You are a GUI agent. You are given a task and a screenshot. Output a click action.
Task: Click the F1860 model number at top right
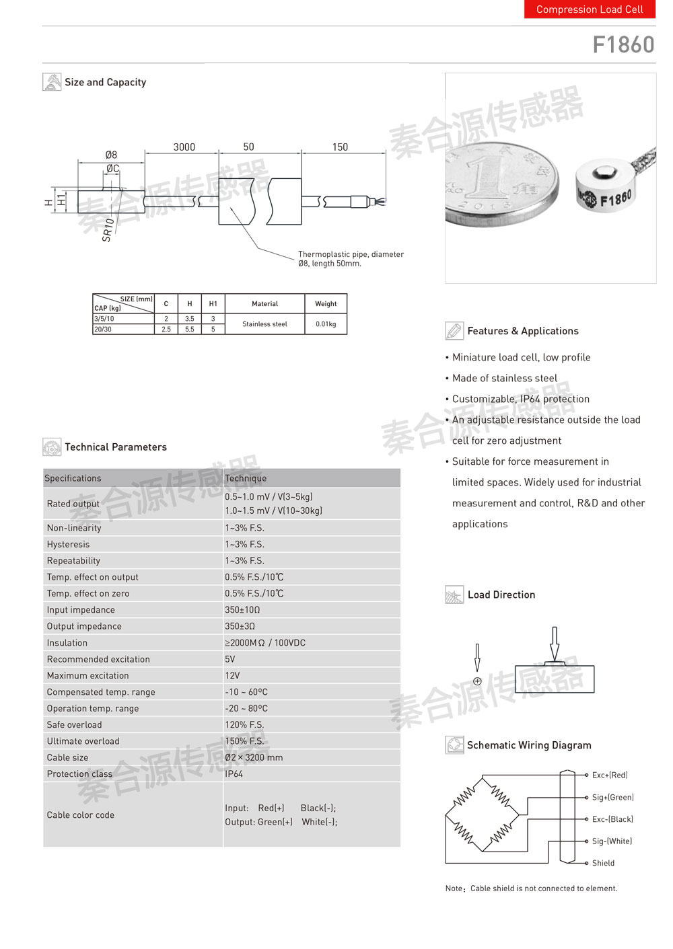pyautogui.click(x=623, y=44)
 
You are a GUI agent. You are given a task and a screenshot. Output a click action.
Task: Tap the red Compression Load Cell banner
pyautogui.click(x=590, y=9)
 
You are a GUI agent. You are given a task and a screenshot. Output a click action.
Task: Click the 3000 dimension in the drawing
pyautogui.click(x=184, y=147)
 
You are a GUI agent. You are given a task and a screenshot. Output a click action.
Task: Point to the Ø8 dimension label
pyautogui.click(x=111, y=155)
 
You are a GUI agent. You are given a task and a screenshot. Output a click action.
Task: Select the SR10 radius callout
pyautogui.click(x=108, y=229)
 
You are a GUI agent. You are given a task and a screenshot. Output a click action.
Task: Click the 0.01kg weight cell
pyautogui.click(x=326, y=324)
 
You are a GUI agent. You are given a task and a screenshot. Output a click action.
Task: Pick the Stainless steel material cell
pyautogui.click(x=264, y=324)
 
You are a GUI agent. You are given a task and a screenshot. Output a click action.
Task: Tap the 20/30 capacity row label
pyautogui.click(x=104, y=330)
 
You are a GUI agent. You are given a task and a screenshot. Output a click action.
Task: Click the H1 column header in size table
pyautogui.click(x=213, y=304)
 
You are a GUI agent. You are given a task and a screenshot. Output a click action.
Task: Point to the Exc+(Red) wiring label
pyautogui.click(x=610, y=775)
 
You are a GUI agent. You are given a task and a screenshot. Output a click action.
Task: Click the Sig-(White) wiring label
pyautogui.click(x=612, y=841)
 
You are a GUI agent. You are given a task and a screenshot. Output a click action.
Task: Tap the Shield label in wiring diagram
pyautogui.click(x=603, y=863)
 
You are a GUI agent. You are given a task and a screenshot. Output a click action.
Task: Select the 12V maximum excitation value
pyautogui.click(x=232, y=675)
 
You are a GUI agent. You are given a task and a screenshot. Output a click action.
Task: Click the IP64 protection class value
pyautogui.click(x=234, y=773)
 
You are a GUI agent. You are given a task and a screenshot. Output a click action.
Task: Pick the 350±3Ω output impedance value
pyautogui.click(x=240, y=626)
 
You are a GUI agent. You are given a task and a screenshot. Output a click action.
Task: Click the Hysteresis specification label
pyautogui.click(x=68, y=544)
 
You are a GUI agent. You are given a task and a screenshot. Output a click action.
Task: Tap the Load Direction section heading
pyautogui.click(x=501, y=595)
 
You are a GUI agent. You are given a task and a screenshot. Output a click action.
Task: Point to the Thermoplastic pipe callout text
pyautogui.click(x=351, y=259)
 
